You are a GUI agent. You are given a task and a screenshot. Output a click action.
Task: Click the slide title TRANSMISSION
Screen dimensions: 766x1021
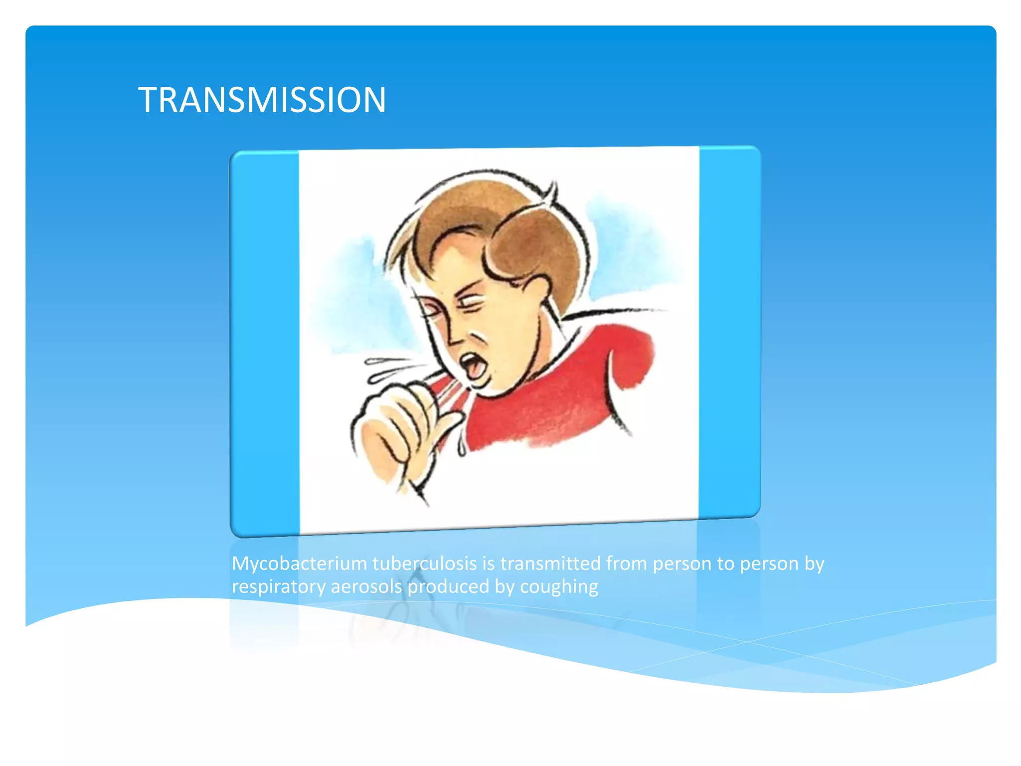click(262, 100)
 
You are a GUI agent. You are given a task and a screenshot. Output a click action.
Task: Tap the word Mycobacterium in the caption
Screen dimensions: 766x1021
click(299, 564)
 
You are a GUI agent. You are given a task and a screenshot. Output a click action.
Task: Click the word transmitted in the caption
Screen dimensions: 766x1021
click(550, 564)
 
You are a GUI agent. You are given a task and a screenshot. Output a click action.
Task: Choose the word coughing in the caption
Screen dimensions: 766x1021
click(558, 587)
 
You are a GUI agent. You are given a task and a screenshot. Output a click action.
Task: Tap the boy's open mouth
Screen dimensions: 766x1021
click(472, 367)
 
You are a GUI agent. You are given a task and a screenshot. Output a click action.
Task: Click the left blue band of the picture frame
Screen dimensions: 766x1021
click(265, 344)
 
